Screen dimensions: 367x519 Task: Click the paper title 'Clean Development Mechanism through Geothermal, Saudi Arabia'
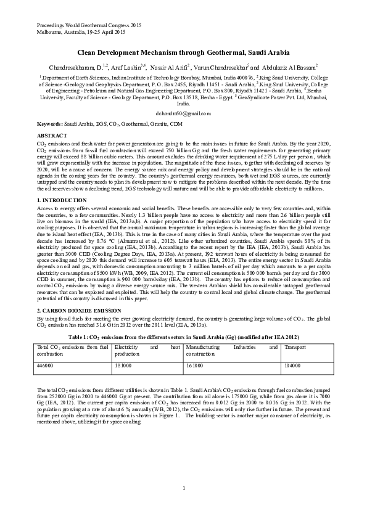tap(183, 54)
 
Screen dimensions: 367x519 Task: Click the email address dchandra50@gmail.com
tap(183, 113)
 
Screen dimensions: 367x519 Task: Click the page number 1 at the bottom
tap(184, 489)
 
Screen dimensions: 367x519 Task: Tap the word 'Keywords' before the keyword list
tap(49, 124)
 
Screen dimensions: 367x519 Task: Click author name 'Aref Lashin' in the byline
tap(128, 67)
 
